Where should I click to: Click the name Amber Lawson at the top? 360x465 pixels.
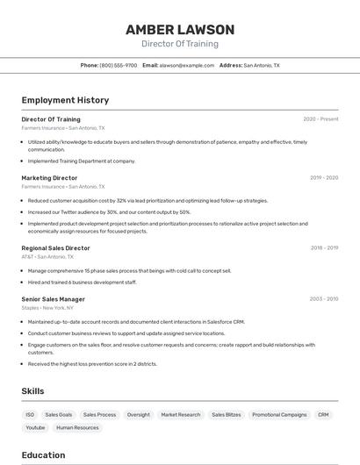pyautogui.click(x=180, y=29)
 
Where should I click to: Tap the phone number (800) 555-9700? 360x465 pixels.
pyautogui.click(x=119, y=65)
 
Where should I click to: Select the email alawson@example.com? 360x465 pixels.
pyautogui.click(x=186, y=65)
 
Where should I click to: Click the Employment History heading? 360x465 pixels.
pyautogui.click(x=65, y=100)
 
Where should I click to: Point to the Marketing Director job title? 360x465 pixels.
pyautogui.click(x=49, y=178)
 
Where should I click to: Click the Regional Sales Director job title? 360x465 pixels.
pyautogui.click(x=55, y=248)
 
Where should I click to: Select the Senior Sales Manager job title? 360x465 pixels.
pyautogui.click(x=53, y=299)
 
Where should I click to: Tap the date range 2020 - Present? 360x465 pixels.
pyautogui.click(x=320, y=119)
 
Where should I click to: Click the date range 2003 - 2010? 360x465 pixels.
pyautogui.click(x=323, y=299)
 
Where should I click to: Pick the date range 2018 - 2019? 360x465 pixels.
pyautogui.click(x=324, y=248)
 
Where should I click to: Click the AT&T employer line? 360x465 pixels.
pyautogui.click(x=47, y=257)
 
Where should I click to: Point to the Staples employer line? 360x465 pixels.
pyautogui.click(x=47, y=308)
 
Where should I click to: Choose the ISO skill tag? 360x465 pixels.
pyautogui.click(x=30, y=414)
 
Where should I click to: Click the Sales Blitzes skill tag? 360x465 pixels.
pyautogui.click(x=226, y=414)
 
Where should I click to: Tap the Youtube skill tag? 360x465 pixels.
pyautogui.click(x=35, y=427)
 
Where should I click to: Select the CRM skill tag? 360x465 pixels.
pyautogui.click(x=323, y=414)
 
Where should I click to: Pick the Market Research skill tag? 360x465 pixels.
pyautogui.click(x=180, y=414)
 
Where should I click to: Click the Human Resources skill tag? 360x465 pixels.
pyautogui.click(x=77, y=427)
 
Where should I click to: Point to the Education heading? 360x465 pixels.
pyautogui.click(x=43, y=455)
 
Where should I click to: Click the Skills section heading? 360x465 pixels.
pyautogui.click(x=32, y=390)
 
